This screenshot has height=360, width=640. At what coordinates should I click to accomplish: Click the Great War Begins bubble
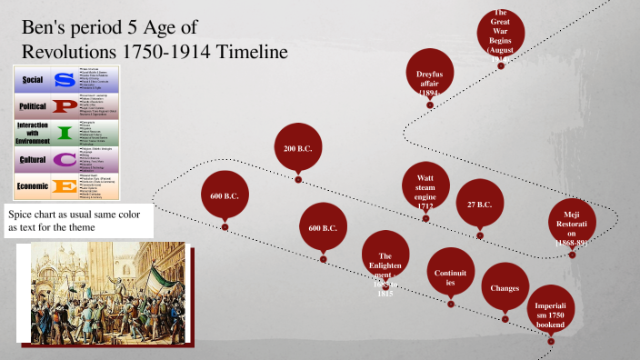(500, 34)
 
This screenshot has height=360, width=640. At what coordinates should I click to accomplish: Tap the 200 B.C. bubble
(298, 148)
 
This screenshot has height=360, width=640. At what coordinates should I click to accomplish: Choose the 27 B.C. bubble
(479, 205)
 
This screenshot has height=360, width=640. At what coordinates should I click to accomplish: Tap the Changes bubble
(505, 288)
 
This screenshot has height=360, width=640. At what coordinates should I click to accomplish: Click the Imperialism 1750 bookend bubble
(551, 310)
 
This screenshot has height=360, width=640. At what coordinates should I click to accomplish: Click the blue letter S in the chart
(65, 80)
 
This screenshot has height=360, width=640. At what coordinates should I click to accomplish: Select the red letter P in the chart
(65, 105)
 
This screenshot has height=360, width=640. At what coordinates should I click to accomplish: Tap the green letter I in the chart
(65, 132)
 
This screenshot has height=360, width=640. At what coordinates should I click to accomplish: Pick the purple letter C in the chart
(65, 160)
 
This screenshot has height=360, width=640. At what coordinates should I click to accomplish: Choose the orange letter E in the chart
(65, 186)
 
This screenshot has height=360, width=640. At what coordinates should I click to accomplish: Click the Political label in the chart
(32, 105)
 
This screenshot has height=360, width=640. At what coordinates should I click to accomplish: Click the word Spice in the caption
(25, 214)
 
